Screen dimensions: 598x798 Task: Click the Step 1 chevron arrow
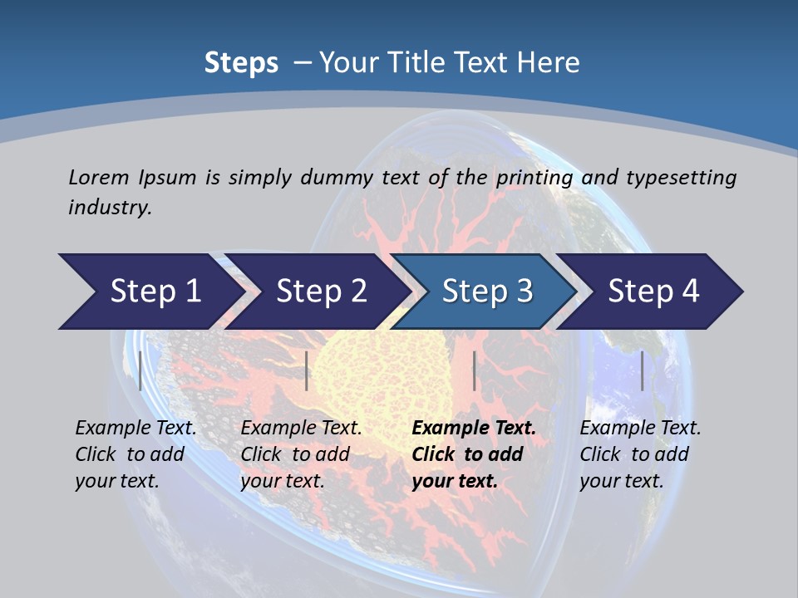(150, 292)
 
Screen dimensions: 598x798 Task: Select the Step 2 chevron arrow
(320, 292)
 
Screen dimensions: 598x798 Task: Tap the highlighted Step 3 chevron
(486, 292)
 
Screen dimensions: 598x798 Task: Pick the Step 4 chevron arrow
(653, 292)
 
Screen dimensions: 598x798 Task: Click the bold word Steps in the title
(241, 63)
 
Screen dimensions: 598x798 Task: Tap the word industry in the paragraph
(108, 208)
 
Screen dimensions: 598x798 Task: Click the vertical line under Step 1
(140, 370)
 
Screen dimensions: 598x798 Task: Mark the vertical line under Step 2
(307, 370)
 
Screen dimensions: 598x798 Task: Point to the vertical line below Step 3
(474, 370)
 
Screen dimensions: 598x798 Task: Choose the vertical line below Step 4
(642, 370)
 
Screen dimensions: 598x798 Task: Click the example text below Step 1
(135, 454)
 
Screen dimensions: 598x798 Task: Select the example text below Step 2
(301, 454)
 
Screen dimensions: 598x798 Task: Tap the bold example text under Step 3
(474, 454)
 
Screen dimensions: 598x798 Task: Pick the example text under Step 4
(640, 454)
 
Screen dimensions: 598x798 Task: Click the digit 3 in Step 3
(524, 292)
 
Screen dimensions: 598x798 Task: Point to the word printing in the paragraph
(532, 178)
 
